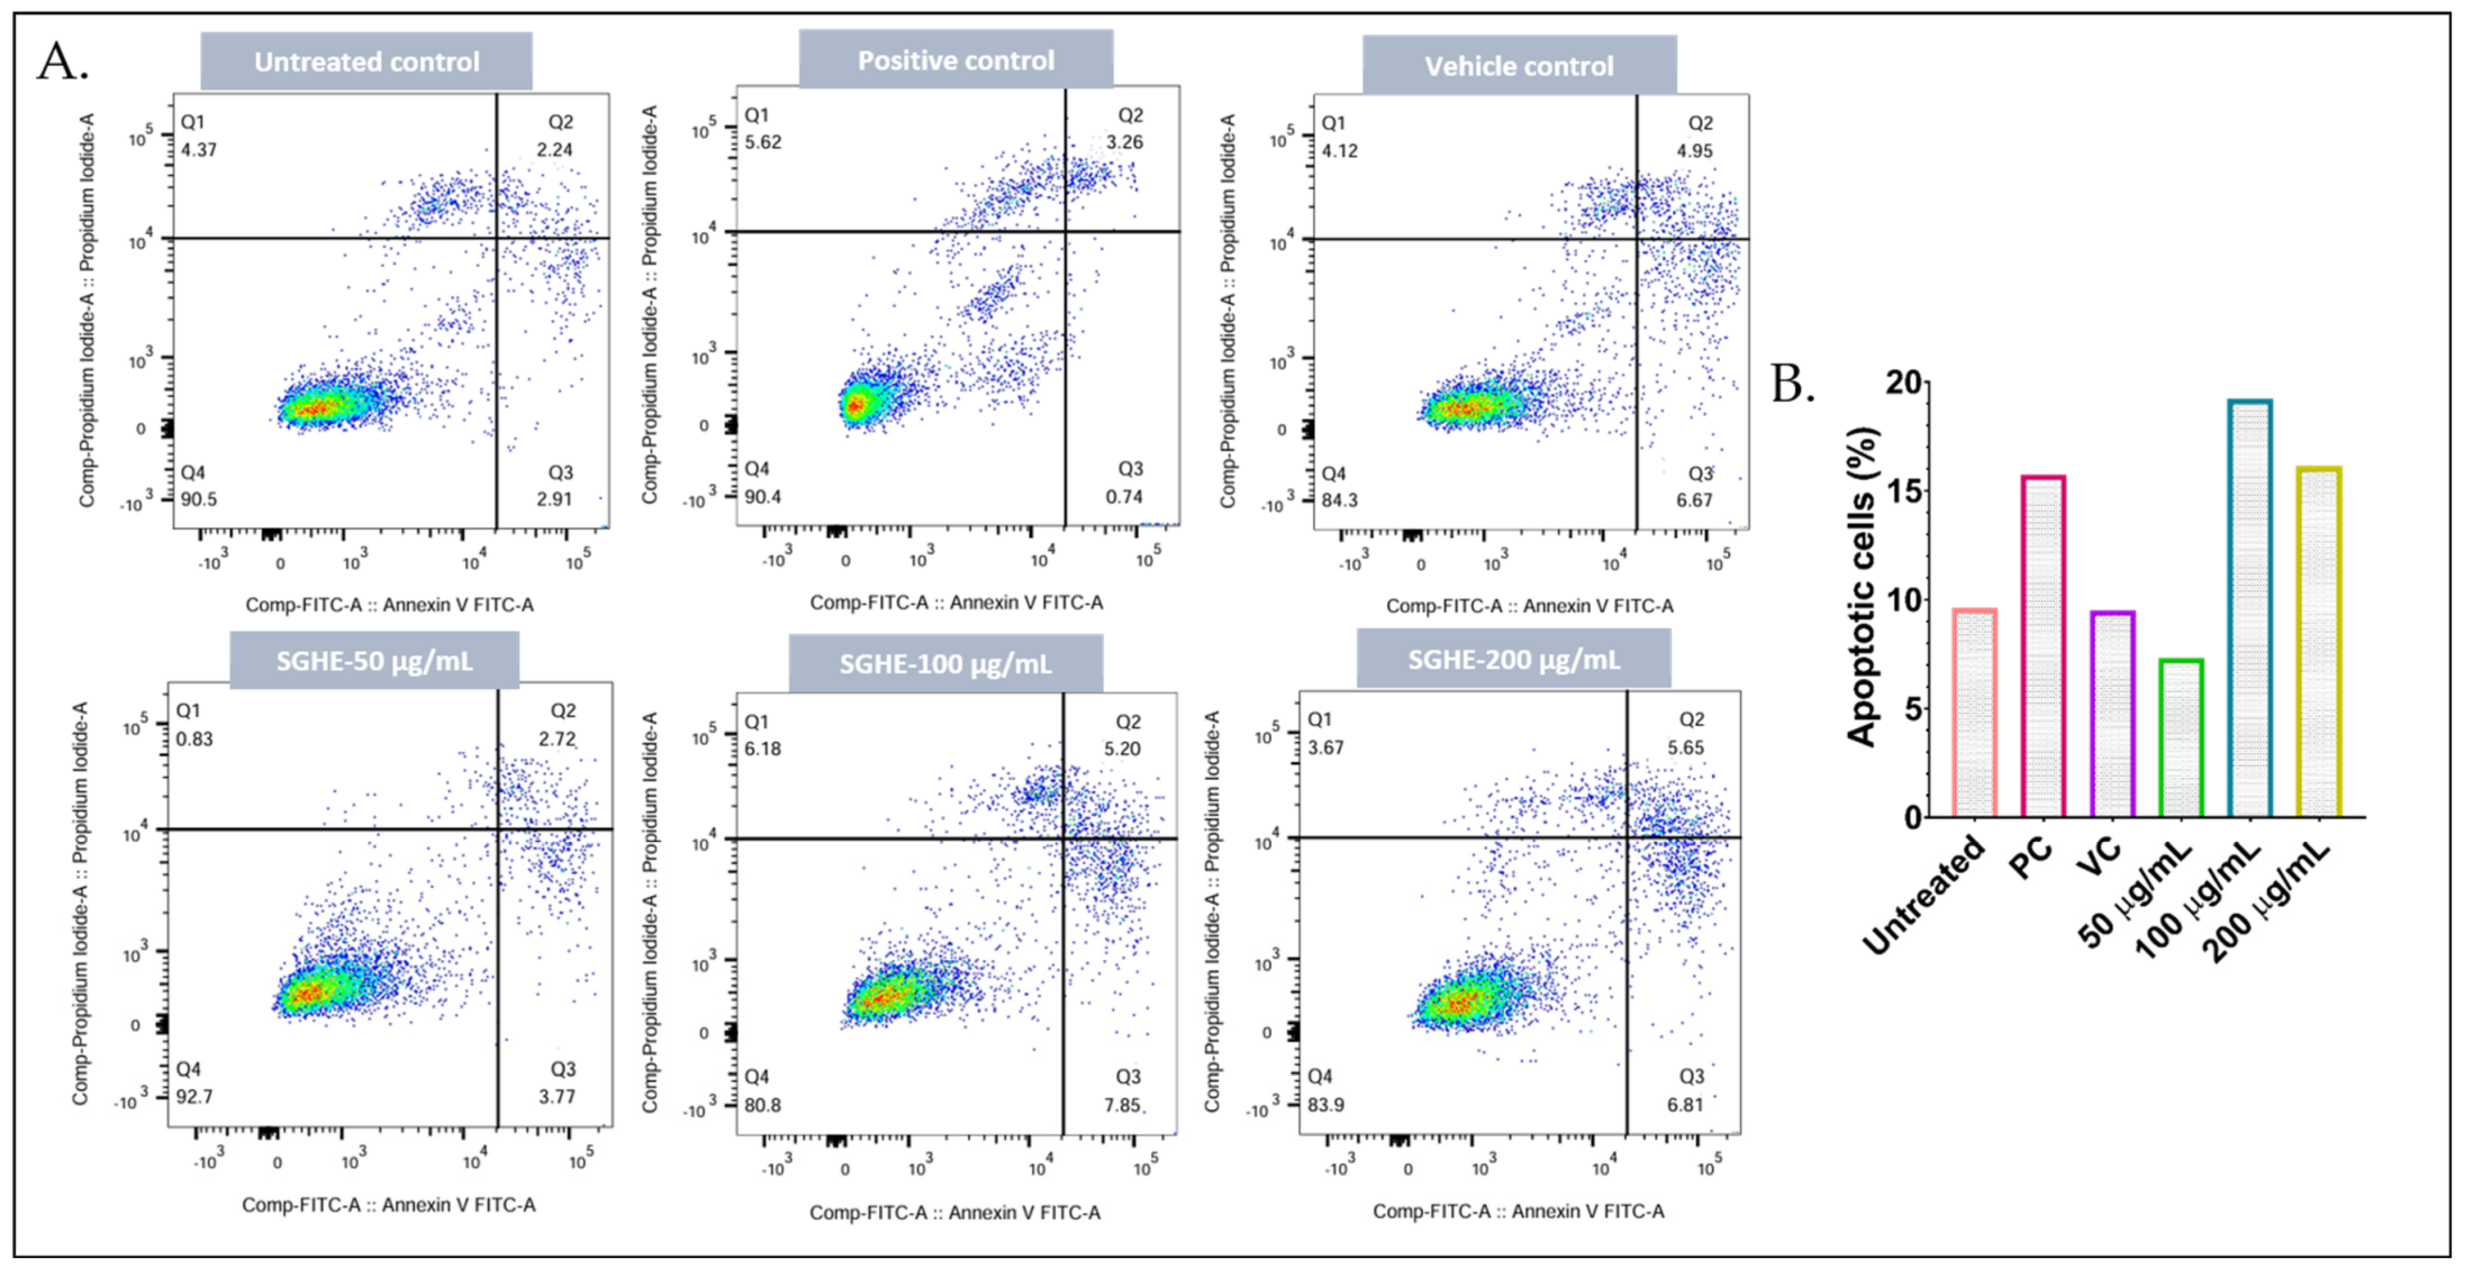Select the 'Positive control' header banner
coord(956,60)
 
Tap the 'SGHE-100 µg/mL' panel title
coord(946,663)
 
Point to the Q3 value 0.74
coord(1124,496)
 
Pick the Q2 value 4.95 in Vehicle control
coord(1695,150)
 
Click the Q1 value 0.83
coord(194,739)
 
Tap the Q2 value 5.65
coord(1686,747)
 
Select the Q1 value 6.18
coord(762,748)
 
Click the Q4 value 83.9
coord(1325,1105)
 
